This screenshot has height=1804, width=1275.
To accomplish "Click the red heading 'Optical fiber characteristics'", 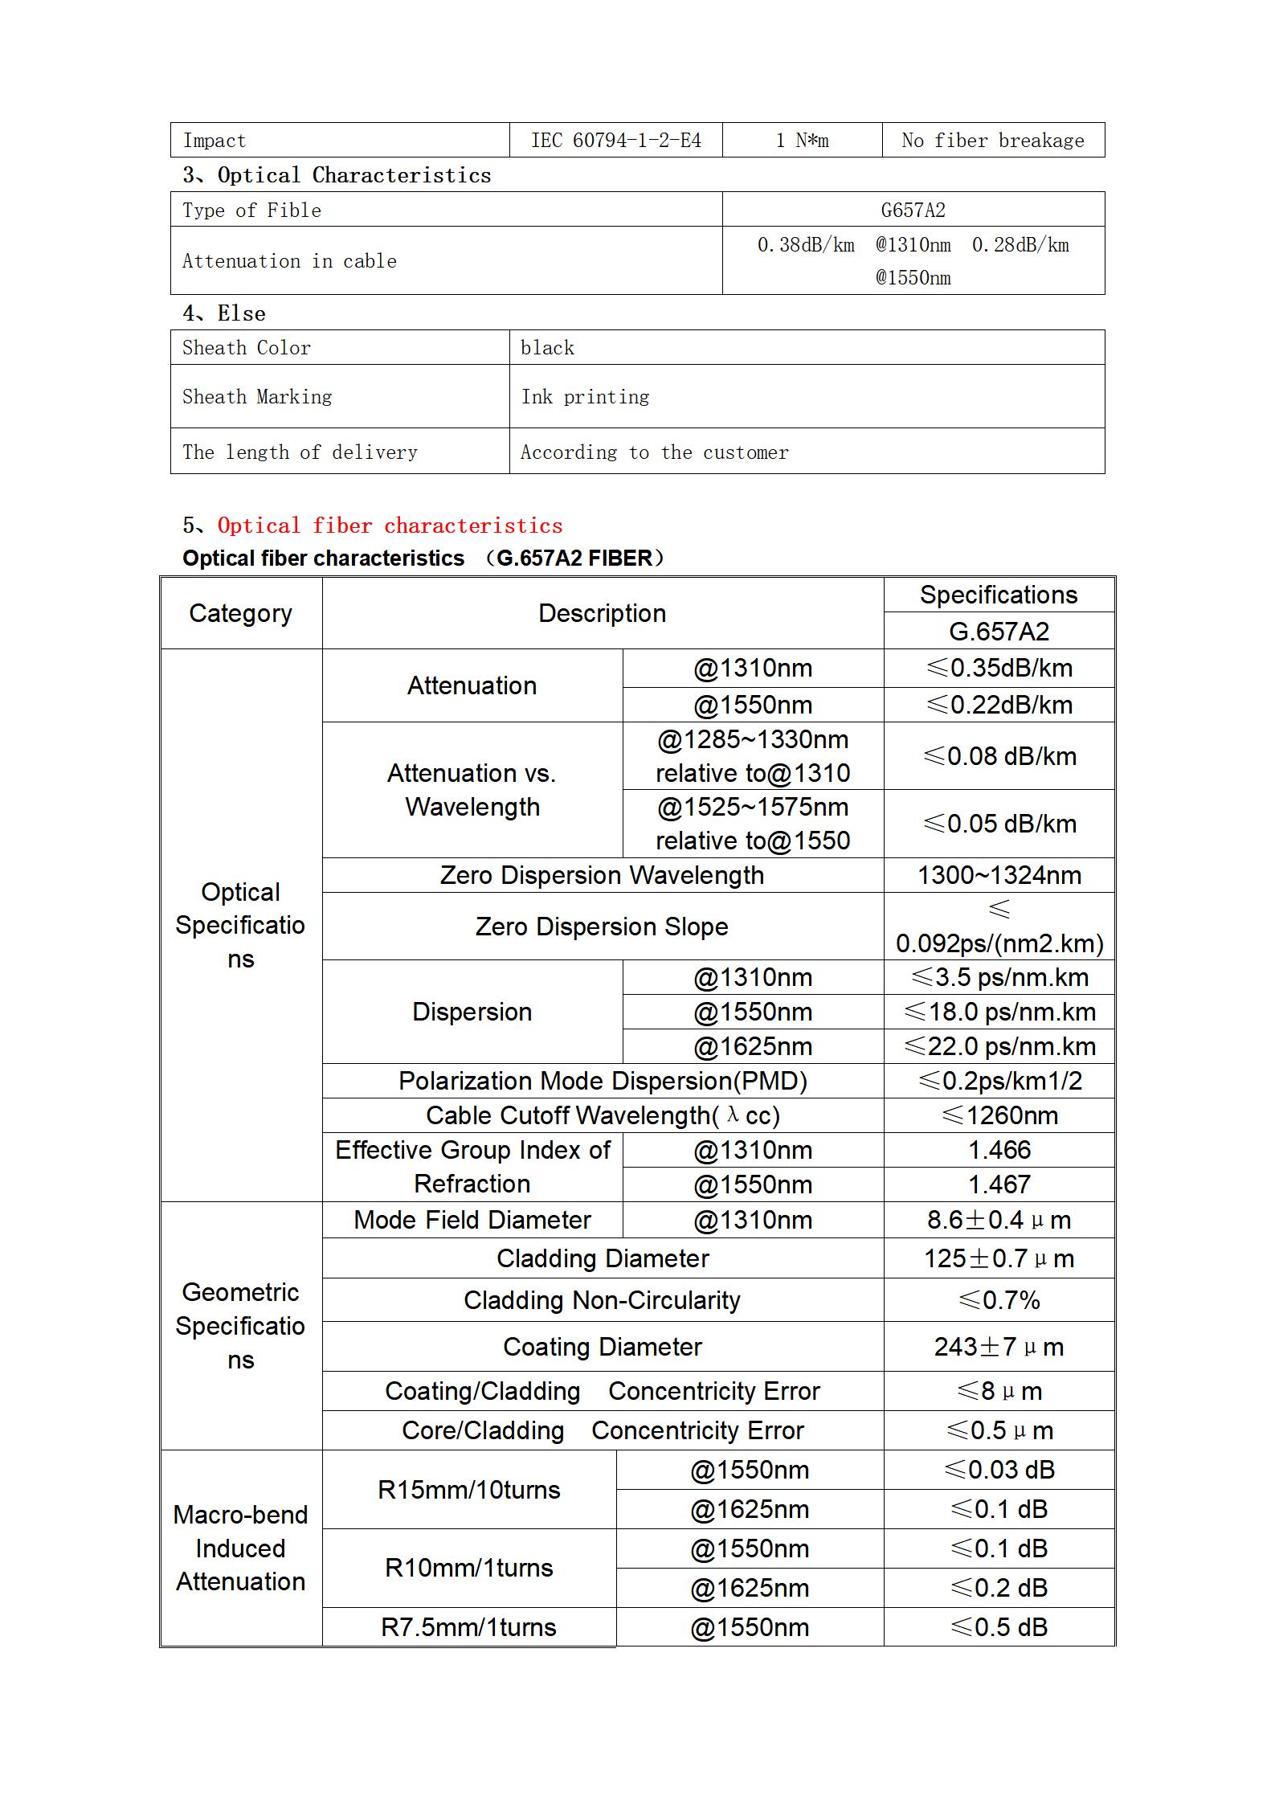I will click(390, 526).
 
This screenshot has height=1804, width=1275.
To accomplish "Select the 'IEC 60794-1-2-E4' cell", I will click(615, 141).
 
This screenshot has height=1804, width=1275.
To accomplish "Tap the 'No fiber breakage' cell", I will click(992, 141).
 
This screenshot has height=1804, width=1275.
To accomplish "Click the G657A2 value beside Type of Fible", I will click(913, 210).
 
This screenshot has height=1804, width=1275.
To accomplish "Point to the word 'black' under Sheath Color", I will click(547, 348).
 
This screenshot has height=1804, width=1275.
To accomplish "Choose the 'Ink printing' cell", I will click(585, 397).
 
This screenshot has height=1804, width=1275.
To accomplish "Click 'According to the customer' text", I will click(654, 452).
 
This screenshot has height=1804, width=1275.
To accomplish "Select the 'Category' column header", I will click(240, 613).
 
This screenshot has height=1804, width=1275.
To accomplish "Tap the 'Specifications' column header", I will click(998, 595).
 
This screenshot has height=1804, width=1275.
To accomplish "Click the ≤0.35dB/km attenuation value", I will click(999, 668).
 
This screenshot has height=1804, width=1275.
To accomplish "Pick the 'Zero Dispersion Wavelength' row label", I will click(602, 875).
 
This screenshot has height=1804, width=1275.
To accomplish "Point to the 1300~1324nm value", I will click(999, 875).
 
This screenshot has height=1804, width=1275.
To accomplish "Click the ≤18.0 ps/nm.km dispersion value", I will click(999, 1012).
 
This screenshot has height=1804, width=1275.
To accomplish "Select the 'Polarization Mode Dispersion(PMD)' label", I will click(602, 1081).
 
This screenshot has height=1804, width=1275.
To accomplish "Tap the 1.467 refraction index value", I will click(999, 1184).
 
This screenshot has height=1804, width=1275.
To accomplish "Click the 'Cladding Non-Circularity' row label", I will click(602, 1300).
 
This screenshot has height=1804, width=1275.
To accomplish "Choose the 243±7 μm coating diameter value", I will click(999, 1347).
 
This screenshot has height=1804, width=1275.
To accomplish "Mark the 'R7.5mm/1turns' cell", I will click(468, 1627).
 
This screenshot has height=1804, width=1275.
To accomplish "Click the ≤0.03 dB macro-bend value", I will click(999, 1470).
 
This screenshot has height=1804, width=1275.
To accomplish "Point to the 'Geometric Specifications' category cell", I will click(240, 1326).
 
